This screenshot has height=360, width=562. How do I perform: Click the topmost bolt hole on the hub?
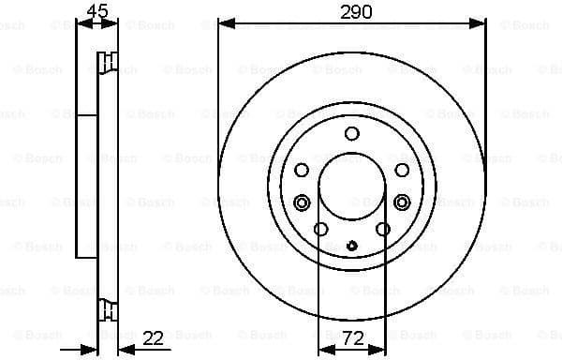(x=351, y=133)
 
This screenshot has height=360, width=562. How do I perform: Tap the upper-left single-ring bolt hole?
(x=302, y=170)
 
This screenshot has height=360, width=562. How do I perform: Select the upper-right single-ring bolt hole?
(x=401, y=170)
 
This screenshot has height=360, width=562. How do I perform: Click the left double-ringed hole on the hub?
(x=302, y=202)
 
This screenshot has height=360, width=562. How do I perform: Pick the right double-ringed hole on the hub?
(x=402, y=202)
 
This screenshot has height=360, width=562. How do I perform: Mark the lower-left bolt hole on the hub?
(x=320, y=230)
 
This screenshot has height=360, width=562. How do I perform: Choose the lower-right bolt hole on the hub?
(x=382, y=230)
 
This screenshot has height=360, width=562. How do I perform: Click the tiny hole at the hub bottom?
(x=351, y=247)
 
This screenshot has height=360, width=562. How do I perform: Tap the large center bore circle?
(x=351, y=187)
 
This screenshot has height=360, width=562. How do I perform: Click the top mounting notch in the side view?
(x=108, y=64)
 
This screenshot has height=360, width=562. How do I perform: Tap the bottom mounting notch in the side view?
(x=108, y=307)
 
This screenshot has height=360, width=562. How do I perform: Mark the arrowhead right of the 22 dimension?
(x=125, y=348)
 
